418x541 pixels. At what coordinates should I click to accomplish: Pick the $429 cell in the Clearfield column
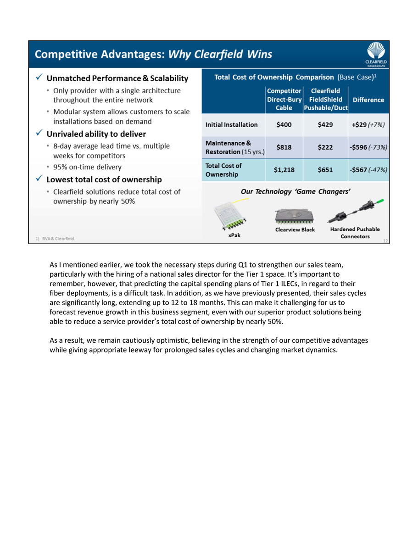pyautogui.click(x=325, y=124)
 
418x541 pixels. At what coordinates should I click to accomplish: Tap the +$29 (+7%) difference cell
pyautogui.click(x=368, y=124)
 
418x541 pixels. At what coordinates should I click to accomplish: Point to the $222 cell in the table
pyautogui.click(x=325, y=147)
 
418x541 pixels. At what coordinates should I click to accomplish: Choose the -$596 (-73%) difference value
pyautogui.click(x=368, y=147)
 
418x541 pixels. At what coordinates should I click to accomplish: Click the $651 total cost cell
pyautogui.click(x=325, y=170)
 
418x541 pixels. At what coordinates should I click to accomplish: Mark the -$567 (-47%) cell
pyautogui.click(x=368, y=170)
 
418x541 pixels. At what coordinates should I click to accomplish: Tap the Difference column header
pyautogui.click(x=368, y=100)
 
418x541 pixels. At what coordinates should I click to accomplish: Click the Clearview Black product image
pyautogui.click(x=294, y=216)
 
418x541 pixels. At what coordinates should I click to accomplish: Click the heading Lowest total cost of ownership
pyautogui.click(x=104, y=179)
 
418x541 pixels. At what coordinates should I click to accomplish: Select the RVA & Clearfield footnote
pyautogui.click(x=55, y=239)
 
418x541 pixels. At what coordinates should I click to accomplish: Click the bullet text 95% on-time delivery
pyautogui.click(x=87, y=167)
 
